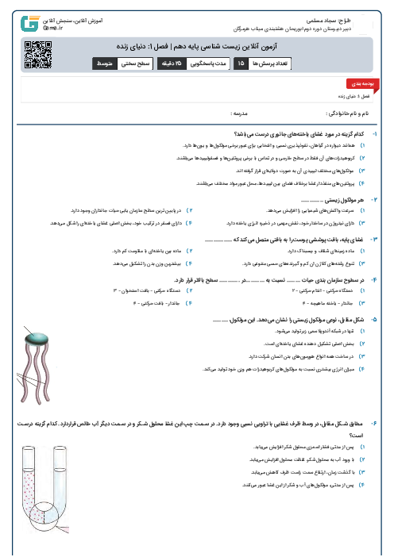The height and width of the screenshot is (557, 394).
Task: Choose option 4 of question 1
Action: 363,182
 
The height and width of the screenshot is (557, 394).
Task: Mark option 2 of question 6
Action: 363,459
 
